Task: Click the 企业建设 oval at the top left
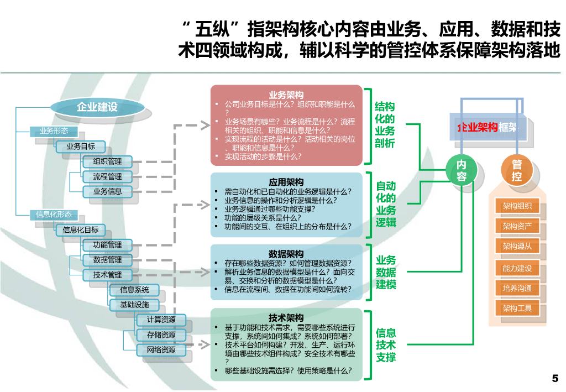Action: [x=97, y=107]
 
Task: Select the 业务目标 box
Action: [x=81, y=147]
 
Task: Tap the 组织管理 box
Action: [x=108, y=161]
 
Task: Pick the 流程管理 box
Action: [x=108, y=176]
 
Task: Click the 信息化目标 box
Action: [x=81, y=230]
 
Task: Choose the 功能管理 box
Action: [x=108, y=245]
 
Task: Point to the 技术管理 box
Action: [x=108, y=275]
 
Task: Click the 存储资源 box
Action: [x=161, y=334]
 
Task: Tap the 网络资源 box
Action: [x=161, y=349]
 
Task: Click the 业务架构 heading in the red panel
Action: [x=286, y=95]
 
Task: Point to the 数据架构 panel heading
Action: [x=286, y=254]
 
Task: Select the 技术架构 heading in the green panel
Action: [x=286, y=317]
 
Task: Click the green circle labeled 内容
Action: [x=462, y=170]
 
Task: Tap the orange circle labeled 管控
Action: [x=517, y=170]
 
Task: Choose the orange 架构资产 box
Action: [x=517, y=226]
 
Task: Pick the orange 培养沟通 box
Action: [x=517, y=288]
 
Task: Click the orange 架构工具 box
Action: [x=517, y=308]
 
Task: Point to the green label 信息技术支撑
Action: [x=386, y=345]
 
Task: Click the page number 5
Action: [x=555, y=378]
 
